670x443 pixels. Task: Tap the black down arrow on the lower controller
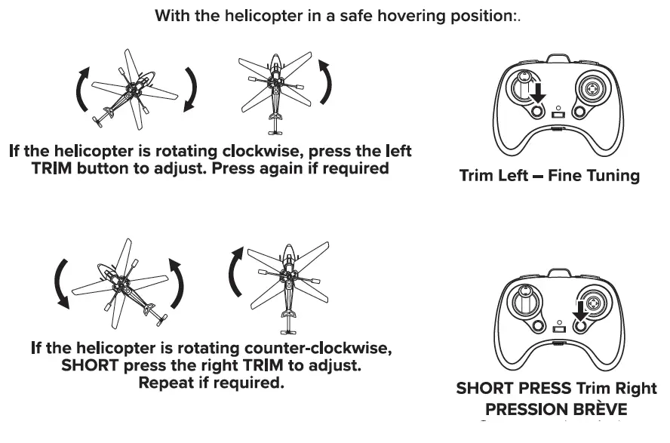[579, 309]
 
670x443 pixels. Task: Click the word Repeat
[171, 383]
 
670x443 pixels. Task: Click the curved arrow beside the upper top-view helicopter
[326, 83]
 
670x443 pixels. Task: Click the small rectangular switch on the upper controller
[558, 115]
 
